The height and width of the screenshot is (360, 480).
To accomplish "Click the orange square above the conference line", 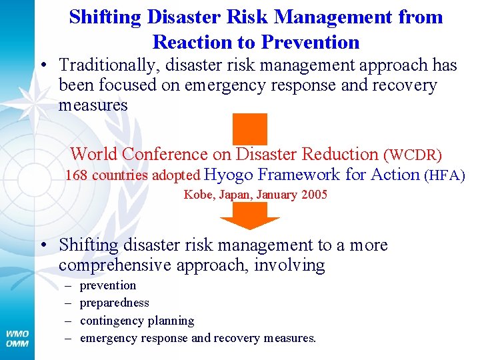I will pyautogui.click(x=249, y=128).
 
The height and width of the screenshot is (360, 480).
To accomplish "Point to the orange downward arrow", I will pyautogui.click(x=249, y=215).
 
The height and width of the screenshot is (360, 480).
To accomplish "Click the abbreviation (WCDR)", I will pyautogui.click(x=412, y=155).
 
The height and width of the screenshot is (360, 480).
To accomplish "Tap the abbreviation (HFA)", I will pyautogui.click(x=444, y=176).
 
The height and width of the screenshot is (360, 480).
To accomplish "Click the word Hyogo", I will pyautogui.click(x=228, y=175).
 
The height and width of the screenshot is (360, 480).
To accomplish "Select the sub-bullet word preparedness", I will pyautogui.click(x=114, y=303).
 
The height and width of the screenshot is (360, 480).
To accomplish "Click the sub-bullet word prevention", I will pyautogui.click(x=107, y=285).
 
